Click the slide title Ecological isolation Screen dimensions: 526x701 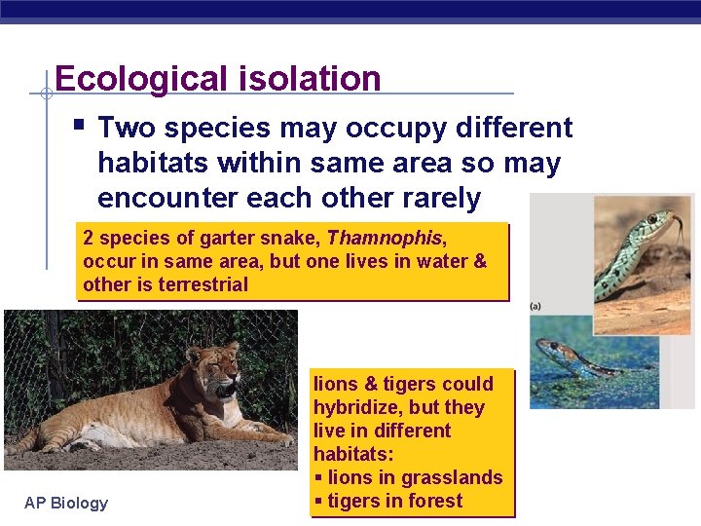click(x=217, y=78)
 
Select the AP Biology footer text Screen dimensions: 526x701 click(x=65, y=503)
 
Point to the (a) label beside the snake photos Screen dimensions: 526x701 click(x=535, y=306)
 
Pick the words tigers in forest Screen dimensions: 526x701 click(x=395, y=501)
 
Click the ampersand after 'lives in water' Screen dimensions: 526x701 click(x=478, y=261)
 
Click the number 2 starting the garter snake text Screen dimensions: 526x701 click(x=89, y=238)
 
